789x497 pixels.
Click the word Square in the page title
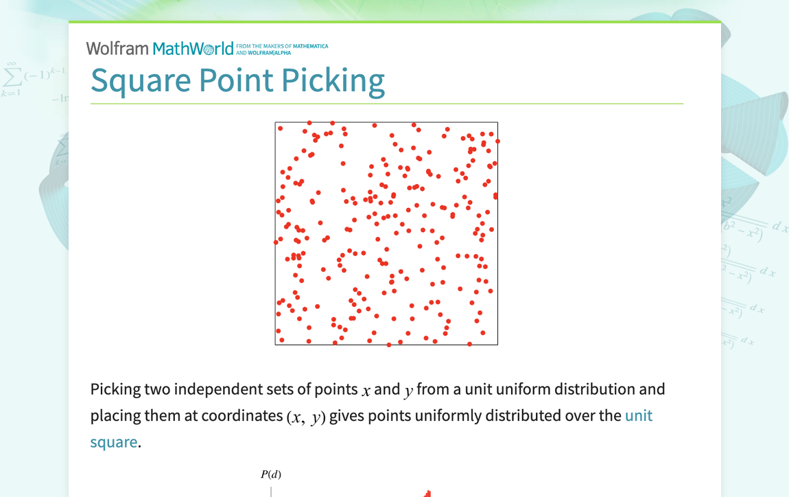pos(141,80)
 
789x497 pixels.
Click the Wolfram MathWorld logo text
pos(159,48)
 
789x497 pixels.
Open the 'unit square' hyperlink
pos(638,416)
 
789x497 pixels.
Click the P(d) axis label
pos(271,474)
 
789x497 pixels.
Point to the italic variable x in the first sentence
pos(366,391)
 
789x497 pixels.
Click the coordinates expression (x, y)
pos(305,417)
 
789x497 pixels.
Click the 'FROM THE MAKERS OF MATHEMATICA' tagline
pos(282,46)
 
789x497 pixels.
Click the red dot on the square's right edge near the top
pos(497,141)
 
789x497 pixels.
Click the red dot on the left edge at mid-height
pos(276,242)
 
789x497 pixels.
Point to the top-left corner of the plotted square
pos(276,123)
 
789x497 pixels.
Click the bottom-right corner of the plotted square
pos(497,344)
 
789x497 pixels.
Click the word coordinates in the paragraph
pos(242,416)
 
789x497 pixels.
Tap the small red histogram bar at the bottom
pos(427,494)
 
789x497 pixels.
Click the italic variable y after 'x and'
pos(408,391)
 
